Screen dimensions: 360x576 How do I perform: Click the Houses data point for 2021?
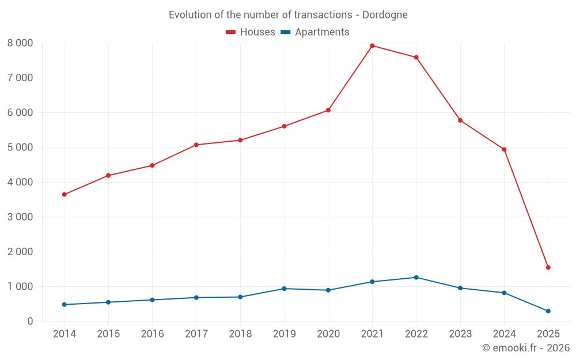coord(372,46)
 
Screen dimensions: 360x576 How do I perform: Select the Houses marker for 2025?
coord(548,267)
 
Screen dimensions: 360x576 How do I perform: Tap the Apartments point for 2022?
coord(416,277)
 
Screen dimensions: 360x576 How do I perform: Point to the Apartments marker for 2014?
coord(64,304)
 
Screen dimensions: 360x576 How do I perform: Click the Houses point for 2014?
coord(64,194)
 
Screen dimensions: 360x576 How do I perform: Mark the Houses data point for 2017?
coord(196,145)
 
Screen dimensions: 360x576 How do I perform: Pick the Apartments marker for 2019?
coord(284,289)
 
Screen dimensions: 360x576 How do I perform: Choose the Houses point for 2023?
coord(460,120)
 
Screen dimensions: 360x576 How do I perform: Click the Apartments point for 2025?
coord(548,311)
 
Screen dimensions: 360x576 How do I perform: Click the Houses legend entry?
coord(251,32)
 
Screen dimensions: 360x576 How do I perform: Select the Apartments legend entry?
coord(315,32)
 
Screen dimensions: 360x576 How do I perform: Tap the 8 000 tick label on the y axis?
coord(20,43)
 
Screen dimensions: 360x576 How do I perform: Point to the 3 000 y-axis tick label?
coord(20,217)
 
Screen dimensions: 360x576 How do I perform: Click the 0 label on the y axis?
coord(31,321)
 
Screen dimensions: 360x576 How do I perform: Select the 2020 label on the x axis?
coord(328,334)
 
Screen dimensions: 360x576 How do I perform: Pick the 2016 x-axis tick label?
coord(152,334)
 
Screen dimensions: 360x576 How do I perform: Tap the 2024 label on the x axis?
coord(504,334)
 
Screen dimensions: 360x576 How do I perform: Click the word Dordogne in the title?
coord(385,15)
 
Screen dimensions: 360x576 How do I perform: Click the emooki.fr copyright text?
coord(526,348)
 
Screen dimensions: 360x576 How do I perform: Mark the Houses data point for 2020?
coord(328,110)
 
